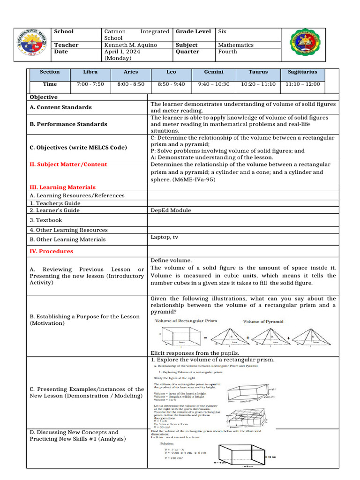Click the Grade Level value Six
coord(222,31)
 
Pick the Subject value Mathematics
coord(236,45)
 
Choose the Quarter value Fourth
coord(227,52)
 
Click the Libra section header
coord(90,72)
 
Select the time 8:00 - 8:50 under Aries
coord(131,84)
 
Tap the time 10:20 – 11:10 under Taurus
coord(258,84)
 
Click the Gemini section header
coord(214,72)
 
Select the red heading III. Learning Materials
coord(62,187)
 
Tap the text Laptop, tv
coord(164,237)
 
